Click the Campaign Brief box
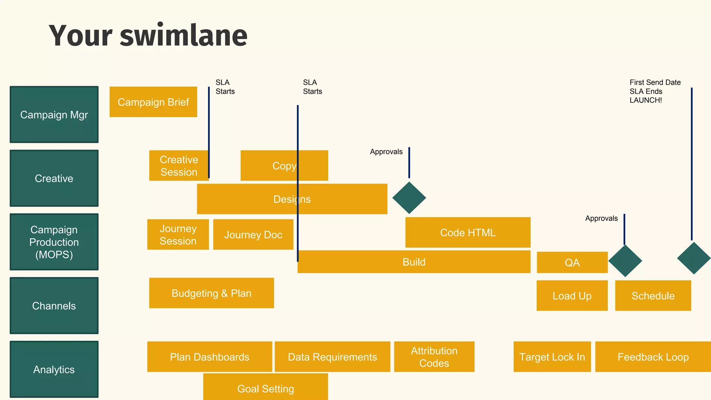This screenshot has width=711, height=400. click(x=153, y=102)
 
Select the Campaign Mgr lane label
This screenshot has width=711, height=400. click(x=54, y=115)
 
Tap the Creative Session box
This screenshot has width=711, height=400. click(x=179, y=166)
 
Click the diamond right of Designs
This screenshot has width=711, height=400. click(x=409, y=198)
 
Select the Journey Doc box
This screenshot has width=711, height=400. click(x=253, y=234)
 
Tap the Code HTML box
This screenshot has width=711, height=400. click(x=468, y=232)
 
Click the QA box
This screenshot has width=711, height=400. click(x=572, y=262)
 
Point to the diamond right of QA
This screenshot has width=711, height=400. click(x=625, y=261)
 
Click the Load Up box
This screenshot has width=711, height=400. click(x=572, y=295)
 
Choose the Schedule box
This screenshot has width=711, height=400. click(x=653, y=295)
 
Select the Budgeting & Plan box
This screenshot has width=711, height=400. click(x=211, y=293)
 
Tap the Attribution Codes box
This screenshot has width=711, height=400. click(x=434, y=357)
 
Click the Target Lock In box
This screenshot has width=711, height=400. click(x=552, y=357)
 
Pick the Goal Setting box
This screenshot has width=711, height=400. click(x=265, y=388)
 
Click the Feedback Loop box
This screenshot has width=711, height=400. click(x=653, y=357)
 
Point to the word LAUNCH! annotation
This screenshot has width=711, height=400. click(x=646, y=100)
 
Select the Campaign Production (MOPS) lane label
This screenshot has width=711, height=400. click(x=54, y=242)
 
